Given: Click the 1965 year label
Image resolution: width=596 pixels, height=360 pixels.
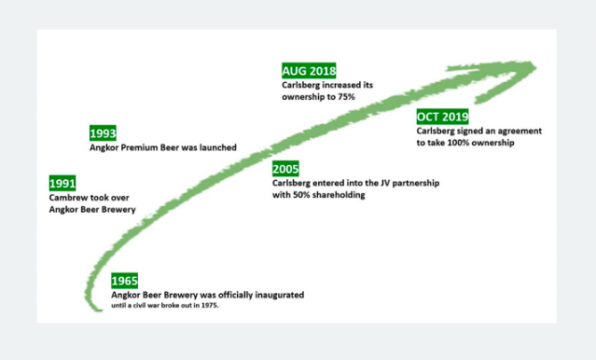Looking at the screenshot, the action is click(124, 281).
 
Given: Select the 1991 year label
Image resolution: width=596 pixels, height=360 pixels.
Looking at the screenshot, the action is click(62, 183).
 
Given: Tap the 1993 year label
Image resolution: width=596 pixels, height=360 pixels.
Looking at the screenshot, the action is click(103, 133).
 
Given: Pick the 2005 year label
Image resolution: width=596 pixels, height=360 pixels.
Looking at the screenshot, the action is click(285, 169).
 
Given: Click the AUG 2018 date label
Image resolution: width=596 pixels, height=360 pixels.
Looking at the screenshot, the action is click(309, 71).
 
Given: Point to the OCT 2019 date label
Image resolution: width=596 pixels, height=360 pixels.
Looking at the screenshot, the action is click(442, 117).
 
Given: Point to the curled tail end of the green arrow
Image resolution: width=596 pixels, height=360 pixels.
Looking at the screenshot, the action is click(94, 307).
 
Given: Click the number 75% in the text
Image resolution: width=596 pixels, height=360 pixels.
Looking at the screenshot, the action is click(346, 97).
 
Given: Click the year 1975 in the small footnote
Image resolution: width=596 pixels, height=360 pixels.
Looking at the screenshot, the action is click(210, 305).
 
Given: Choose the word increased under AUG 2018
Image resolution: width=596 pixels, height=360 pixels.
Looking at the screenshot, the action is click(335, 85).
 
